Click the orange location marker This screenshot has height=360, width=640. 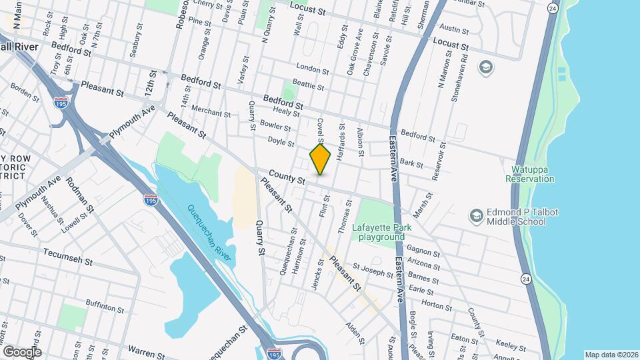pos(321,159)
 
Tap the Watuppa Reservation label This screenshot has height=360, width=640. pos(530,174)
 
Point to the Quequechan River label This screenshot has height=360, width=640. pos(211,226)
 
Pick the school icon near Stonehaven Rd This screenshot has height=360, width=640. pos(486,67)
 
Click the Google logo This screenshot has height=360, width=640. pos(21,351)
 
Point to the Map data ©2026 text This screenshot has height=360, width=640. pos(611,355)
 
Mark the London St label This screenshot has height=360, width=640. pos(313,69)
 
